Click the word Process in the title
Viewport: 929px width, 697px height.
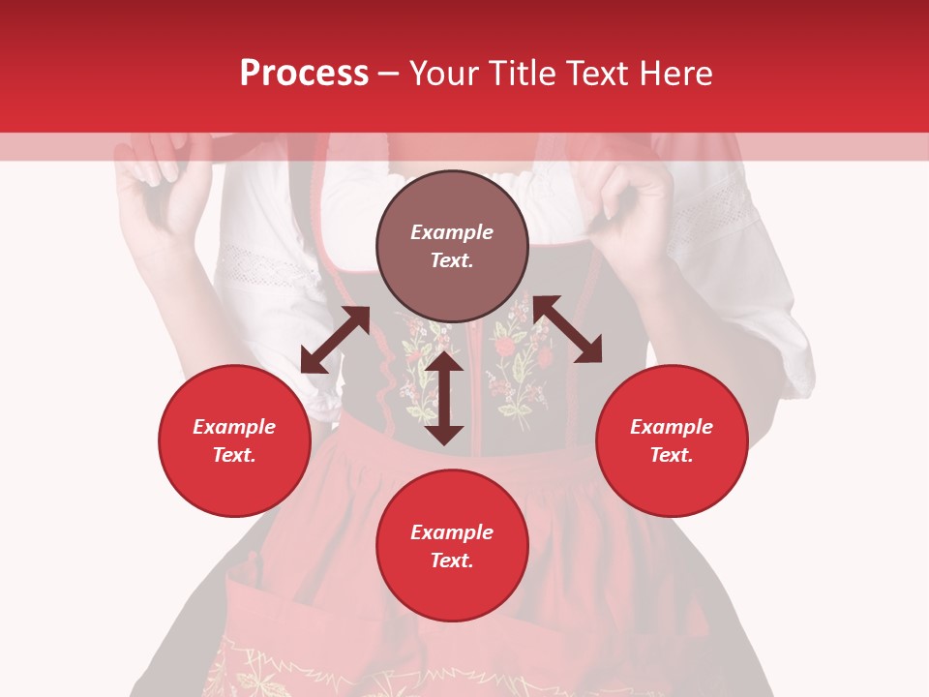(x=304, y=74)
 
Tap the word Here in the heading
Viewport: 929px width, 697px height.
(x=675, y=74)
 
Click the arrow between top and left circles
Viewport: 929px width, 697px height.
(x=335, y=340)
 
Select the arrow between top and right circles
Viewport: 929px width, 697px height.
(x=567, y=329)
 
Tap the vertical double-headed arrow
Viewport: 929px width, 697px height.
(x=444, y=398)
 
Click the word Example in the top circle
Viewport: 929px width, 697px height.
(x=452, y=232)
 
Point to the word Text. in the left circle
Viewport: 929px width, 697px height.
(x=234, y=455)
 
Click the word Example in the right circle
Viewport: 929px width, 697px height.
(x=672, y=427)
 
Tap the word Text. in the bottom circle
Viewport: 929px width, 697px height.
(x=452, y=561)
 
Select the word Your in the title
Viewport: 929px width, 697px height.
(x=444, y=74)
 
